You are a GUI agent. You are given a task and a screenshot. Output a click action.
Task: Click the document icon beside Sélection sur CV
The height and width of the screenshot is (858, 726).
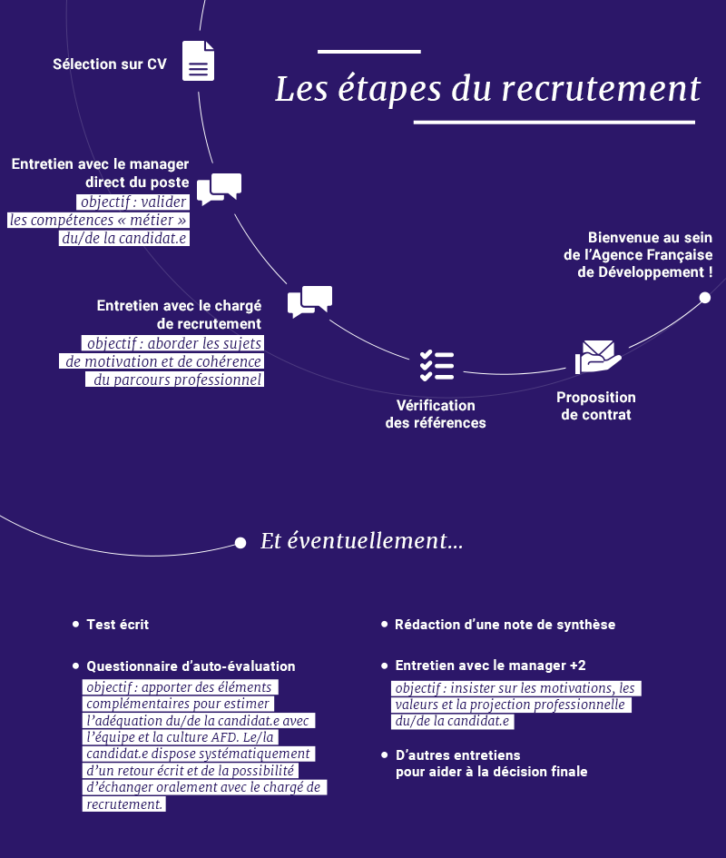click(199, 62)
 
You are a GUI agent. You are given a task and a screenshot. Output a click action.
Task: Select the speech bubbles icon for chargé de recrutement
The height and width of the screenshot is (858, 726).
click(309, 302)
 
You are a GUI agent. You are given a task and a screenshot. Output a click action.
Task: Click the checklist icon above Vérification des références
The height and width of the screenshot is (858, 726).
click(437, 365)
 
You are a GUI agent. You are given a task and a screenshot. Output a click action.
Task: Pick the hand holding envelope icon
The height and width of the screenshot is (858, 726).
click(598, 358)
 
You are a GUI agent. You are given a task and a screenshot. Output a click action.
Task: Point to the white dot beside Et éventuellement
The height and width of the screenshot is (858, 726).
click(240, 543)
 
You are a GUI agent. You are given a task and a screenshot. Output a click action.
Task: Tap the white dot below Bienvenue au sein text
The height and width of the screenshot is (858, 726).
click(705, 298)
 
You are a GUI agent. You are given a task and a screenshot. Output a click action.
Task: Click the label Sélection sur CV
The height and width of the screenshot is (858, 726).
click(109, 64)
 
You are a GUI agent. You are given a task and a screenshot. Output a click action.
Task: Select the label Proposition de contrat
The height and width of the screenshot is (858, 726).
click(596, 406)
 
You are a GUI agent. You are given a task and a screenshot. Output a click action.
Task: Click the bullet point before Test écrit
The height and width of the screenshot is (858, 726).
click(75, 625)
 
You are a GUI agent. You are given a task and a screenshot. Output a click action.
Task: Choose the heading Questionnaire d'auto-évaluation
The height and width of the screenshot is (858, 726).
click(191, 666)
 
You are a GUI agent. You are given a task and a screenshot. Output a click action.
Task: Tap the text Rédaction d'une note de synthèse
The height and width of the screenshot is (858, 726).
click(505, 625)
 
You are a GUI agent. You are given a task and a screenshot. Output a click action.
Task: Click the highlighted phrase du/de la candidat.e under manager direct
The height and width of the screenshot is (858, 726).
click(124, 238)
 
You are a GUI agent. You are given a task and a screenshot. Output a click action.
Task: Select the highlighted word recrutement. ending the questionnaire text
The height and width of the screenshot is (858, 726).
click(124, 804)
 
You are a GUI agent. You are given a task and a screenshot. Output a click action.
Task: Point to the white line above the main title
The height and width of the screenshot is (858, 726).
click(368, 52)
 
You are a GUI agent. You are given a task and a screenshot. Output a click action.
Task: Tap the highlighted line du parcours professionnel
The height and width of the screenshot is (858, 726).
click(176, 380)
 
